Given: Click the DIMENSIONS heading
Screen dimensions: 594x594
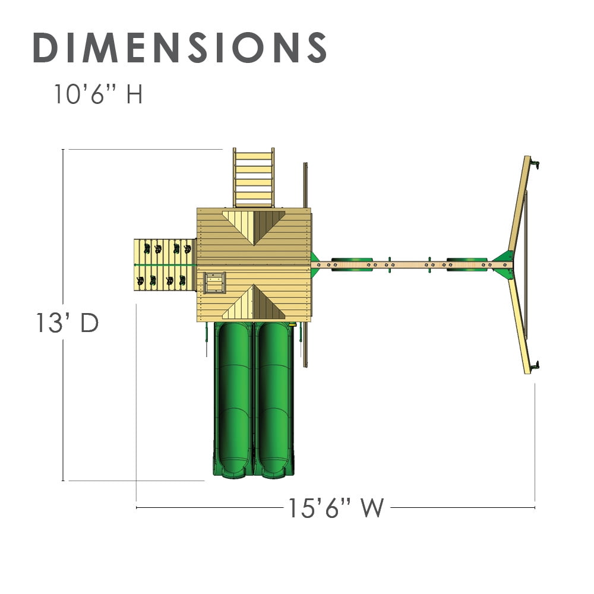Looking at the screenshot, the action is [179, 48].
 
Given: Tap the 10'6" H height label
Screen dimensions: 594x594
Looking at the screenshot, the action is [99, 94].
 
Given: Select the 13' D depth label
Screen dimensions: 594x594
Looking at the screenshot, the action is [67, 323].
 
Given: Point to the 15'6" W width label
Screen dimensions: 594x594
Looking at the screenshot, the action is [336, 508].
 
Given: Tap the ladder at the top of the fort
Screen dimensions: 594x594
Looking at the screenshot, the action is [254, 177].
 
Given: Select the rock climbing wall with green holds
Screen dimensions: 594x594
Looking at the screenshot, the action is [165, 265].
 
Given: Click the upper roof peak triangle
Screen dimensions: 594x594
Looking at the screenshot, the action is [254, 226].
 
